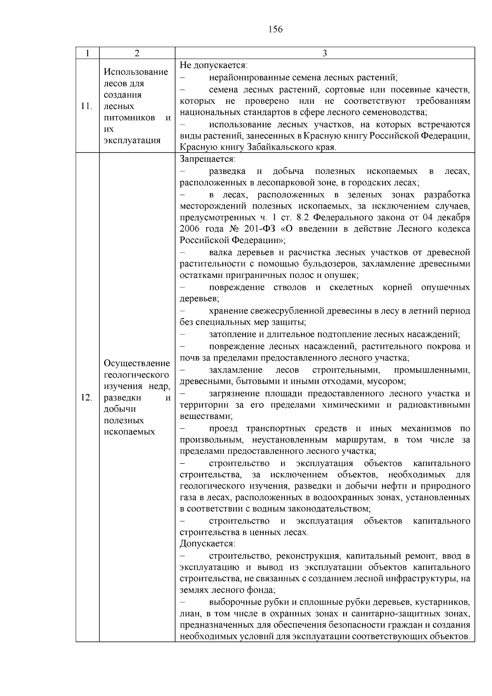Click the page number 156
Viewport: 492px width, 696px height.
[x=276, y=29]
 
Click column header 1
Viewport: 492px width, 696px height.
[x=87, y=53]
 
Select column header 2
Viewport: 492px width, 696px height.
[x=137, y=53]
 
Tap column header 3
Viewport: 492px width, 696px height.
[x=325, y=53]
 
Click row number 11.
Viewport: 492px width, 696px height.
[x=87, y=107]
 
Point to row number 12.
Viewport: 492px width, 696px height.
[x=87, y=398]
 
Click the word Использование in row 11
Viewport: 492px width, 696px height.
[x=136, y=72]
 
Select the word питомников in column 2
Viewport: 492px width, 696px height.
[x=130, y=118]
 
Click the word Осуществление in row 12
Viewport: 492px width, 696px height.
[x=137, y=364]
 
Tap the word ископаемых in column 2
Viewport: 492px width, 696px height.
[x=129, y=432]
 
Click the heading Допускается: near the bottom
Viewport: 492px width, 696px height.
[x=207, y=544]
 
